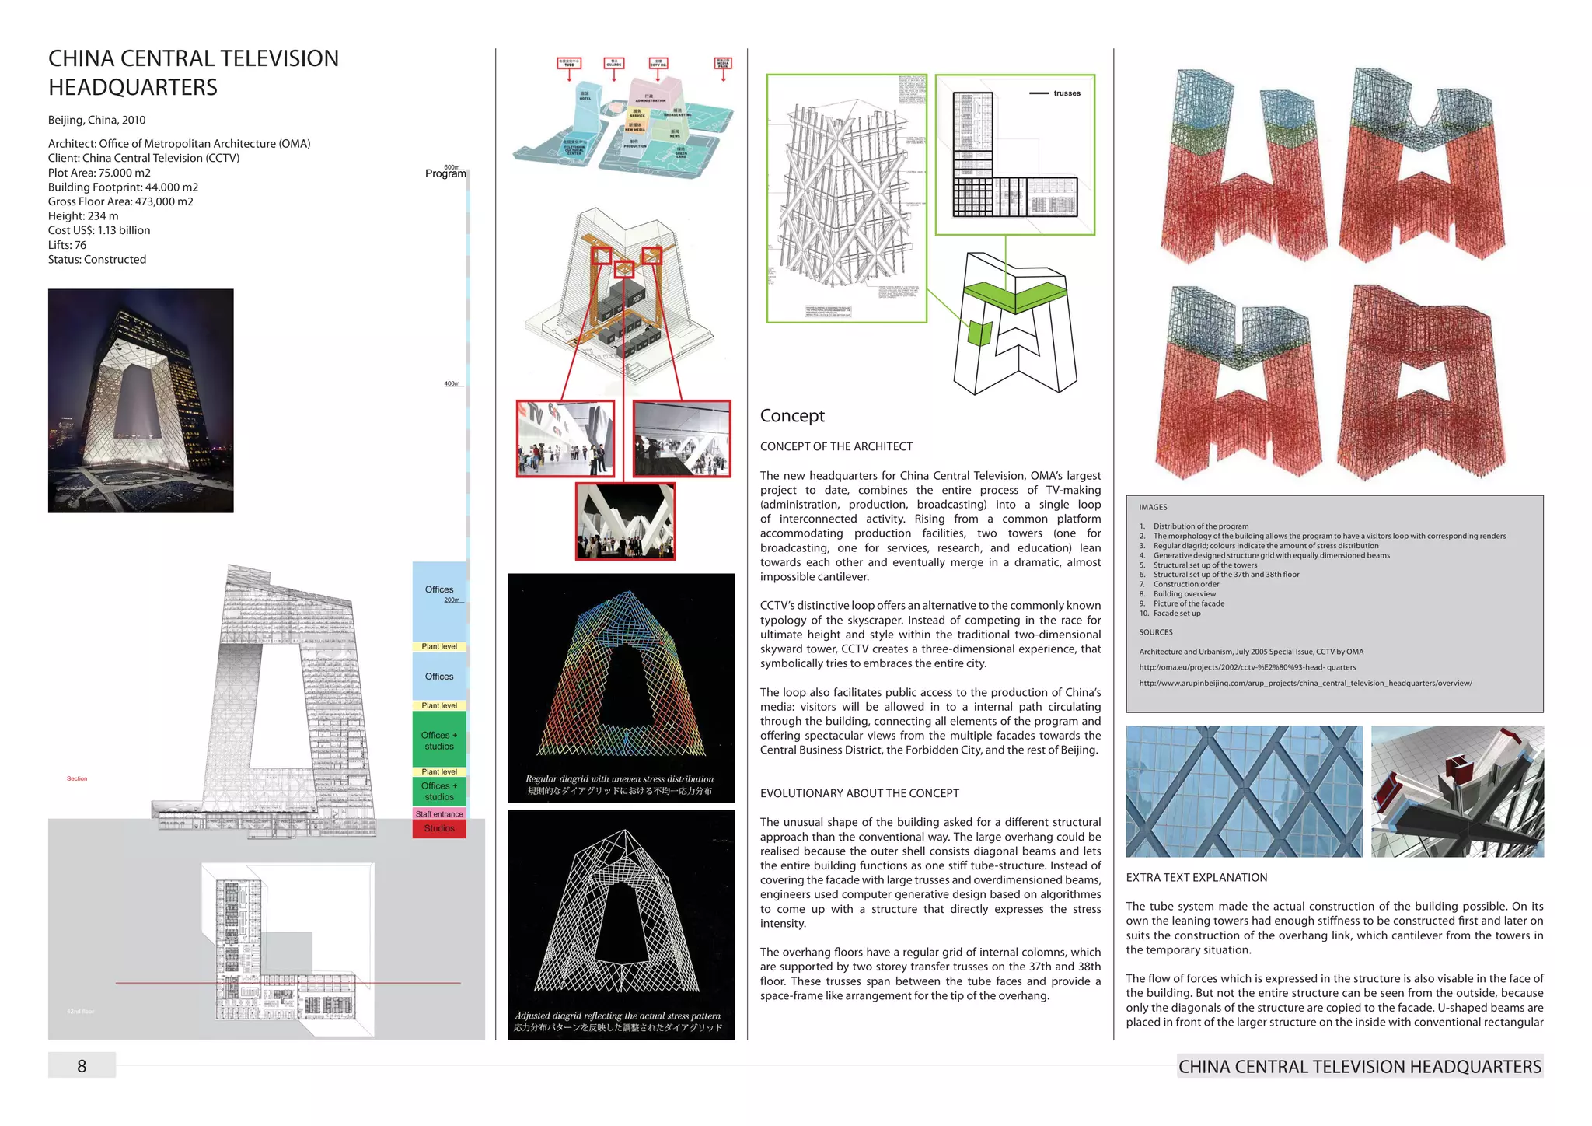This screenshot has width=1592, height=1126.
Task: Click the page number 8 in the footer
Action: coord(82,1066)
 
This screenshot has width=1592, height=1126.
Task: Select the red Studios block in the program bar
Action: coord(439,829)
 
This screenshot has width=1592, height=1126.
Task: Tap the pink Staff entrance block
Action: coord(439,814)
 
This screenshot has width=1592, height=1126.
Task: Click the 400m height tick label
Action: coord(452,384)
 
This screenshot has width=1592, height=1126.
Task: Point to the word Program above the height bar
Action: coord(445,174)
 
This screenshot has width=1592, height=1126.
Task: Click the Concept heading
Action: coord(792,416)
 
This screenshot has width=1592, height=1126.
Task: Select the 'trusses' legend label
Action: coord(1067,93)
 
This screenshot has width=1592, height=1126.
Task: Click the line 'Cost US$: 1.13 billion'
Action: coord(99,230)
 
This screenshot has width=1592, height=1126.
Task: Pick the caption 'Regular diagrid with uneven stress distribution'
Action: coord(620,779)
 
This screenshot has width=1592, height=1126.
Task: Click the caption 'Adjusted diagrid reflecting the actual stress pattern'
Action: coord(618,1016)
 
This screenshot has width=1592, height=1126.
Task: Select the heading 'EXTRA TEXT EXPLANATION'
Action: coord(1196,878)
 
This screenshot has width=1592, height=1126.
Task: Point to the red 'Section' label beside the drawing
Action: coord(77,778)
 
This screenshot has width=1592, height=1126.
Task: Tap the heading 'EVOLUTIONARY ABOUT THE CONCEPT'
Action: coord(860,793)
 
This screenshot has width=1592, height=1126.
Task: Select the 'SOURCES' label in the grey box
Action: coord(1156,632)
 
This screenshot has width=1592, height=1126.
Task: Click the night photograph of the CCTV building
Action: coord(141,400)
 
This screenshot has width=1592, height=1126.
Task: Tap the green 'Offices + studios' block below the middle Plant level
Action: coord(439,740)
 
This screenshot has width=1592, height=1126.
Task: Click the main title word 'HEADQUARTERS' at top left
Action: coord(133,87)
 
